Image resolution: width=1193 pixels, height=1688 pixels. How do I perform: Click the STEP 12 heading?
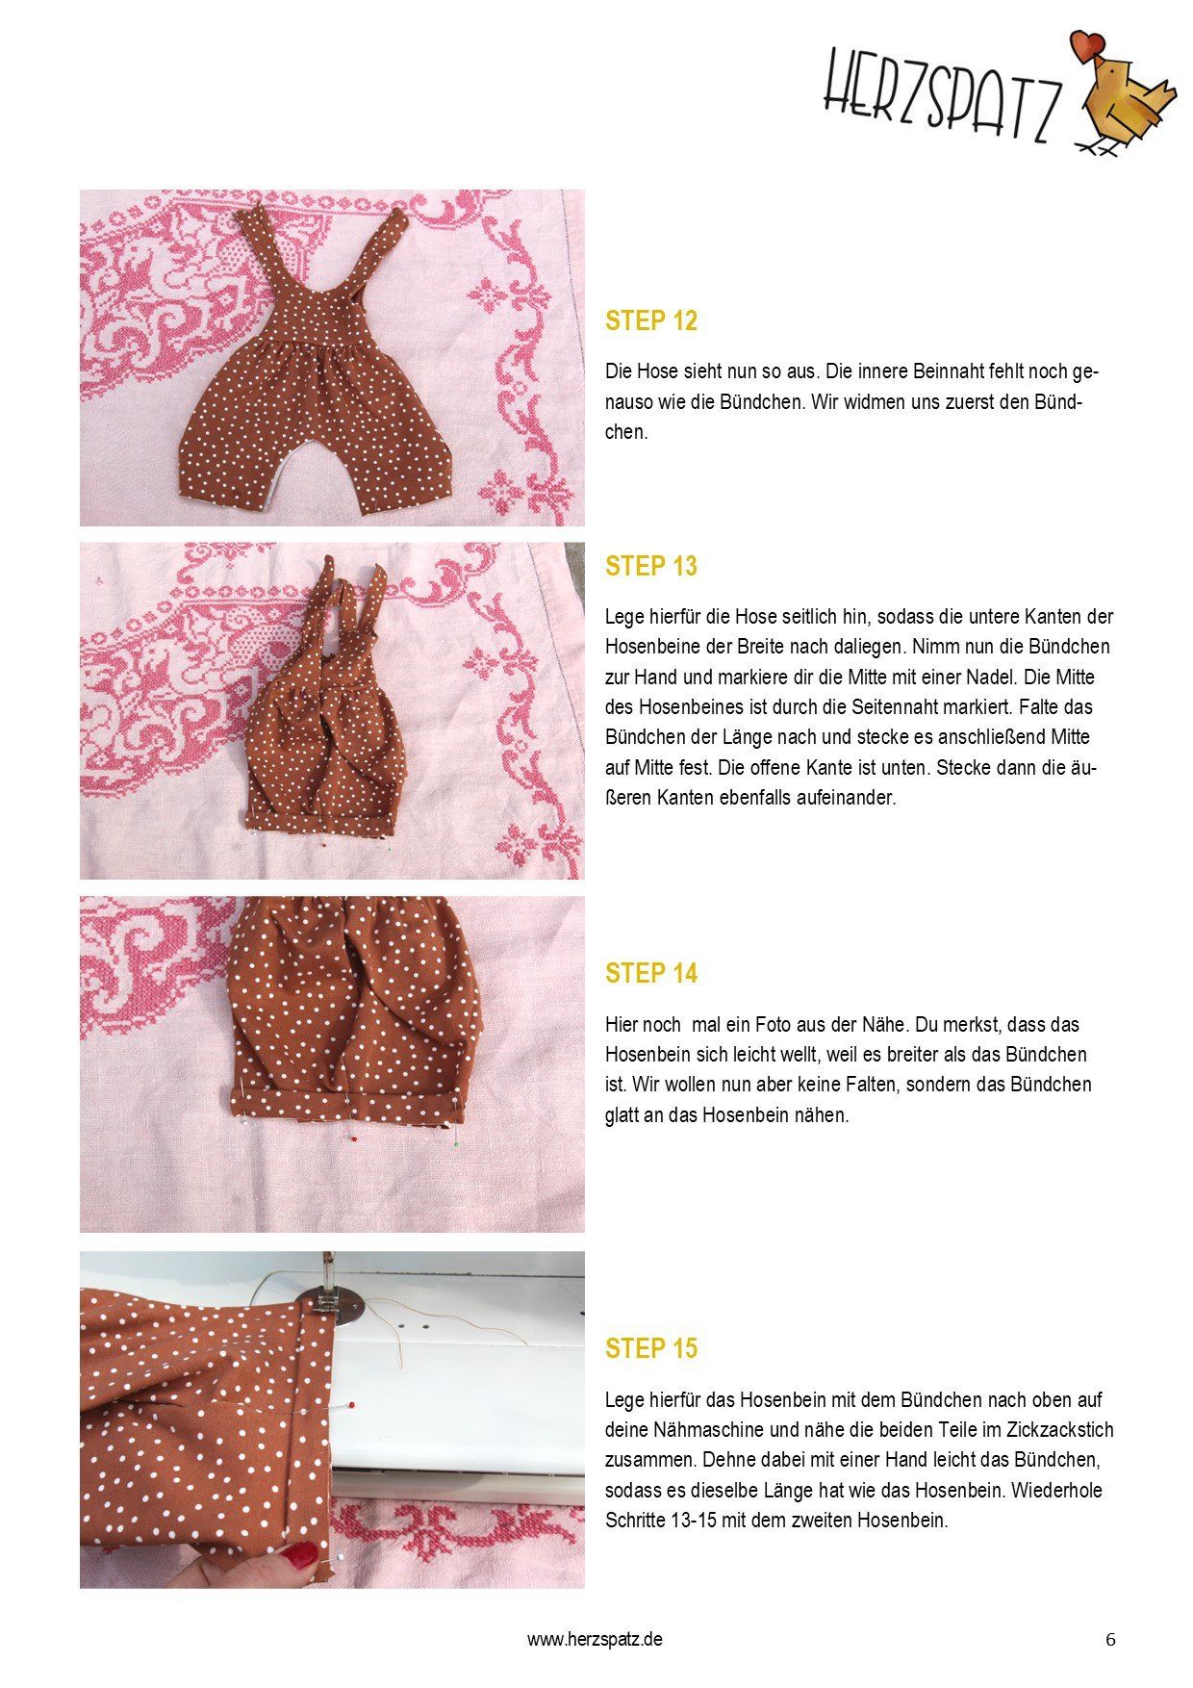(650, 321)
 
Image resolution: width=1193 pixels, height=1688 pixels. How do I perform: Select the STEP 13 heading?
(650, 567)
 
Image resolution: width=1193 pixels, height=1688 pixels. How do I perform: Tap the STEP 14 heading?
(650, 974)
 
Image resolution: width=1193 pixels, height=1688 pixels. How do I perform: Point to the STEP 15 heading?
(650, 1349)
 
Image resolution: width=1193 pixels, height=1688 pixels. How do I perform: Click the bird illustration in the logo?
(1126, 96)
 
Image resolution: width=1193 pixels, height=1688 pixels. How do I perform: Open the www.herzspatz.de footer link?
(595, 1639)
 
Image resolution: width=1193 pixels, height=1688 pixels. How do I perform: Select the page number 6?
(1111, 1640)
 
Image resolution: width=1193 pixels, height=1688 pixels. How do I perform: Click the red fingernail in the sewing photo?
(303, 1554)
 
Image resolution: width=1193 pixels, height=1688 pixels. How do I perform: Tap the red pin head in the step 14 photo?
(353, 1138)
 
